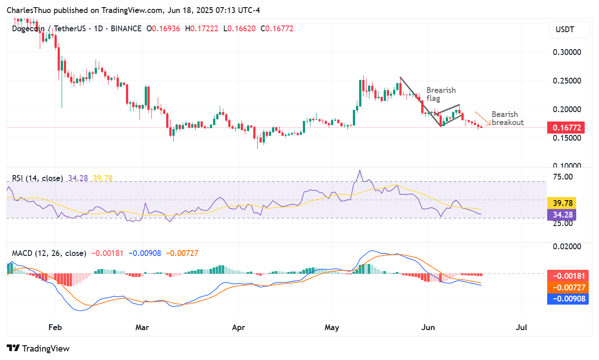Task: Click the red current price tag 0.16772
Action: [x=567, y=128]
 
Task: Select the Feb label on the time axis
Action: [x=54, y=327]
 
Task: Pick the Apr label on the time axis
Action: [x=239, y=327]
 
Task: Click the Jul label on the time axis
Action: [x=521, y=327]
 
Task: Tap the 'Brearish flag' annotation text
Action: [x=441, y=94]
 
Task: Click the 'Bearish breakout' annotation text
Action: [x=507, y=118]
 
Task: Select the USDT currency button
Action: [x=565, y=30]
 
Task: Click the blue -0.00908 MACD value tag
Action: [x=567, y=298]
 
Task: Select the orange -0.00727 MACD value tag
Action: [x=567, y=287]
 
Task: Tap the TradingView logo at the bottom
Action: [x=38, y=348]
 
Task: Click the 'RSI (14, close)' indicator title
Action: [x=37, y=178]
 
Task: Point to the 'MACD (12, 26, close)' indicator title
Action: [x=49, y=253]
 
